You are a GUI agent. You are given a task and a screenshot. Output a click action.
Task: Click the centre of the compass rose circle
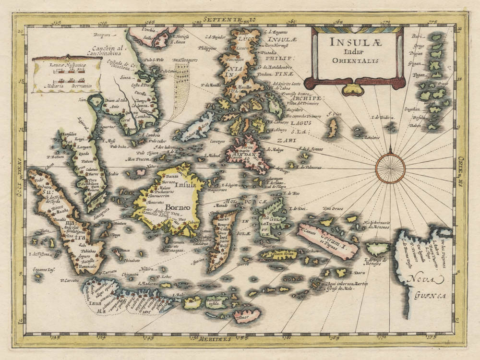pos(390,168)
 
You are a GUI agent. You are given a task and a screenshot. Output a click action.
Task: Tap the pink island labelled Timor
pos(247,316)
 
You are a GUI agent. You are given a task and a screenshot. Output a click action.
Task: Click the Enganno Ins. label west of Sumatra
pos(43,270)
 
